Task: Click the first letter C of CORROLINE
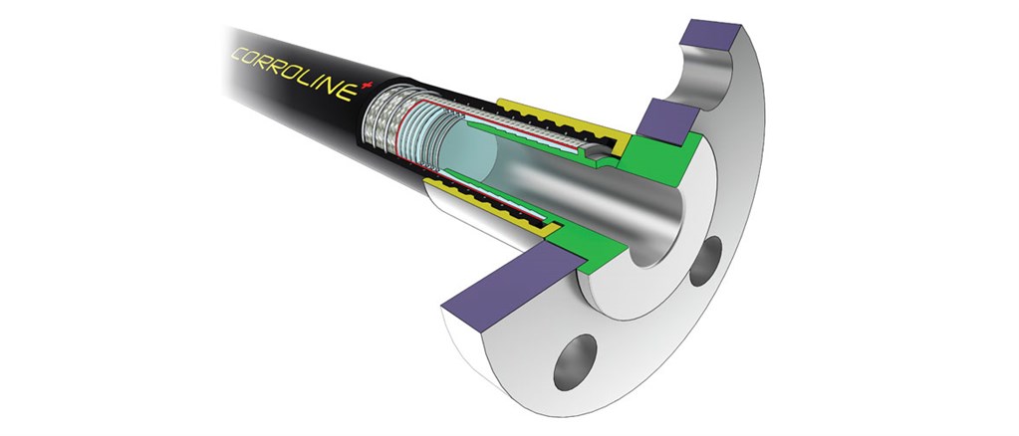(238, 55)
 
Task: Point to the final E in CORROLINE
(350, 93)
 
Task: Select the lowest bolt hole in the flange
(575, 362)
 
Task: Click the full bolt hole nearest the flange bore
(706, 261)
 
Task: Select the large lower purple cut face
(513, 280)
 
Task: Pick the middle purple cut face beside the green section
(666, 121)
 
